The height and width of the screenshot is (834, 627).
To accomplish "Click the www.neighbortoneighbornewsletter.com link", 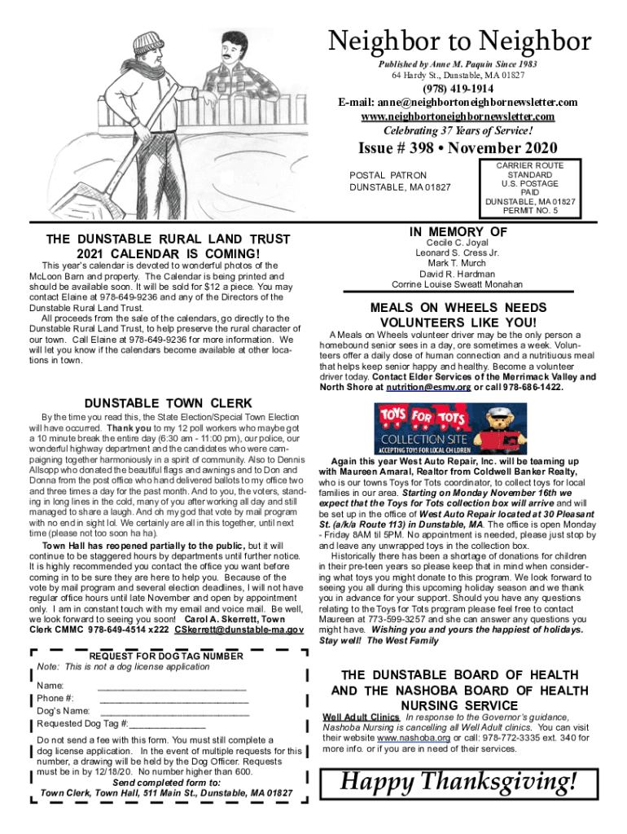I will point(457,116).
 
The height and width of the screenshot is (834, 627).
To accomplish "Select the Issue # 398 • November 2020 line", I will point(458,148).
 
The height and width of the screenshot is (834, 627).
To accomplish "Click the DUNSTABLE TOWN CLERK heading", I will point(169,402).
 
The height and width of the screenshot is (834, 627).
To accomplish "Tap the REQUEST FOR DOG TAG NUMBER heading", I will point(165,656).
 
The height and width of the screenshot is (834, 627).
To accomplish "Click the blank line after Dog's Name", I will point(173,710).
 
